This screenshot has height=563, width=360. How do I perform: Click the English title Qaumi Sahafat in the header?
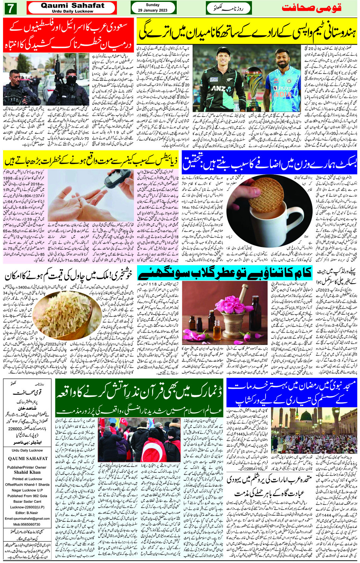point(72,6)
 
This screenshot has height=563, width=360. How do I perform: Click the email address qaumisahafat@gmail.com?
point(27,518)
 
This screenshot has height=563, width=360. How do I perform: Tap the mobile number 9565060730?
point(27,525)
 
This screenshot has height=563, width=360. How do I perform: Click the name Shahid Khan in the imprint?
point(27,472)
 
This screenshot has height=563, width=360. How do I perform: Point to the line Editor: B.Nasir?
point(27,513)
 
